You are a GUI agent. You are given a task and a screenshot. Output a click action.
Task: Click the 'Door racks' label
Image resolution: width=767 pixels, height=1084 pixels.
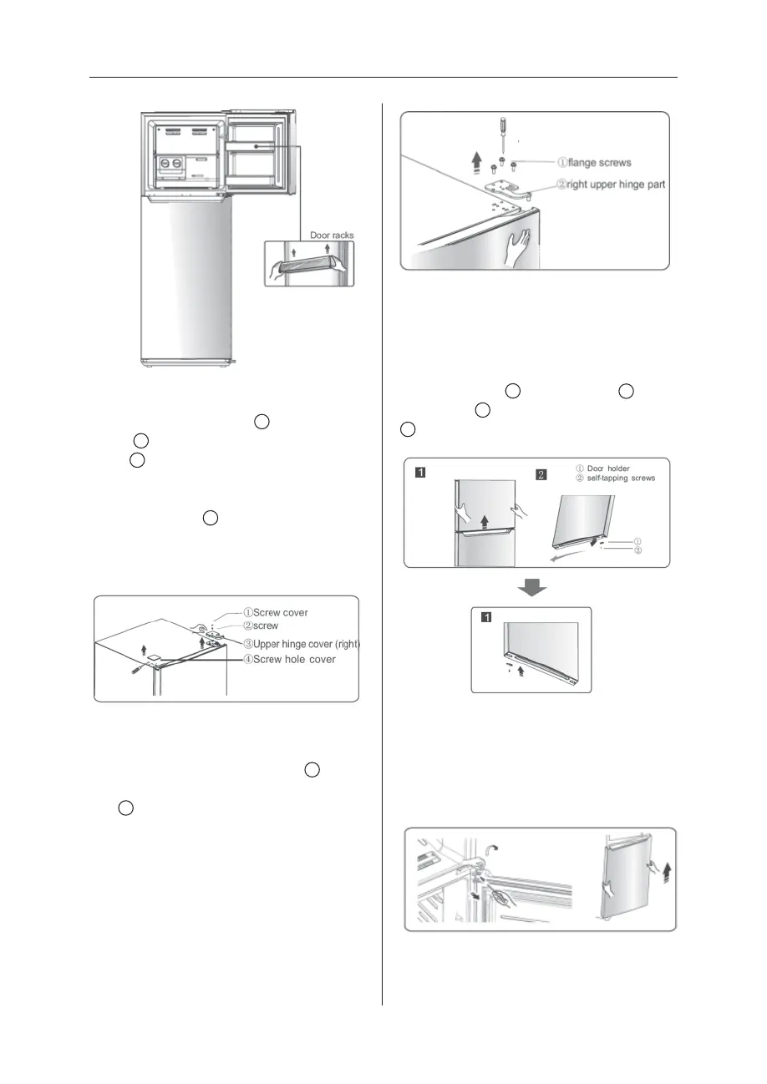point(332,236)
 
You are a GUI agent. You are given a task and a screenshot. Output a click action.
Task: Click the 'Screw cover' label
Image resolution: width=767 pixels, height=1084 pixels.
point(275,612)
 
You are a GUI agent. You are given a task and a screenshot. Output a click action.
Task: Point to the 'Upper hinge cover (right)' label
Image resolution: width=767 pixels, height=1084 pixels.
point(301,644)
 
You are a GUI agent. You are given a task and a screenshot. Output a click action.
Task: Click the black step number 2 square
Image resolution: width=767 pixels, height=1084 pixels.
point(541,475)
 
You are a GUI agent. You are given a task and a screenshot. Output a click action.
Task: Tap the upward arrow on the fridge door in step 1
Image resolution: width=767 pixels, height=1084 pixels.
point(485,524)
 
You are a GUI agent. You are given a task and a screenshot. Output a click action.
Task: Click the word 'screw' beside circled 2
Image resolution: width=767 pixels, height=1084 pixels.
point(267,626)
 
